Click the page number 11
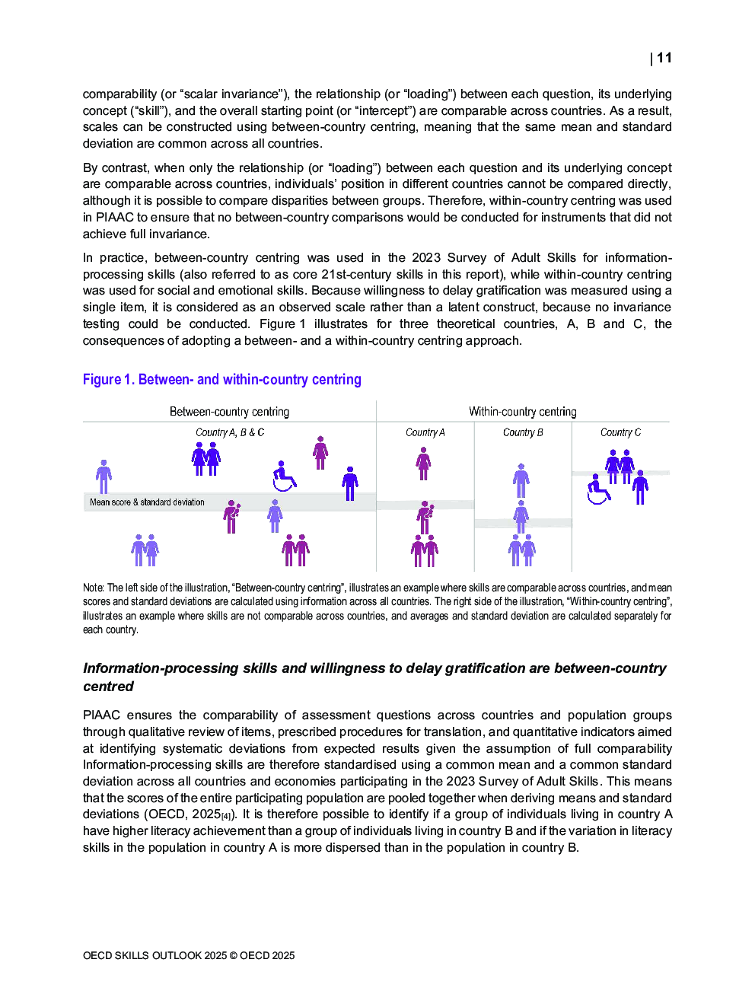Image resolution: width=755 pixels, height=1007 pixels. (x=664, y=58)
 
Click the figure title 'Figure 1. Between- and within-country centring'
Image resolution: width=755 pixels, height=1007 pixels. (x=221, y=379)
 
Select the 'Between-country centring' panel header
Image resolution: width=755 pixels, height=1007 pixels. (x=229, y=412)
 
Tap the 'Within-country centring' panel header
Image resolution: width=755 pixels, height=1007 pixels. (x=522, y=412)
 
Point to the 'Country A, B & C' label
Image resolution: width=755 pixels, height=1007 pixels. (x=230, y=432)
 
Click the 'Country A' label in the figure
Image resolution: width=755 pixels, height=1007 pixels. (x=425, y=432)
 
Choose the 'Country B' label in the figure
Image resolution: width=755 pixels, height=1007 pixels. (x=523, y=432)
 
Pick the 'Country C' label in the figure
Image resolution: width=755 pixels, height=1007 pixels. (x=620, y=432)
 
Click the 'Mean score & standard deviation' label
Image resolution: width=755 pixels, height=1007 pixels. (x=147, y=502)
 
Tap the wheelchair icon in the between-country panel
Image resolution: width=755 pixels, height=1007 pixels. (x=284, y=476)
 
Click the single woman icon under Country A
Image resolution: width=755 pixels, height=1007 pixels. (x=424, y=464)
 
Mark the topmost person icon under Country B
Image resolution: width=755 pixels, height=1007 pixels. (x=521, y=480)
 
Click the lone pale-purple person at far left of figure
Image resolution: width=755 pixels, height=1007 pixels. (x=104, y=476)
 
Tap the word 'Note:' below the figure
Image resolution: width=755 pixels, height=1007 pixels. (x=93, y=588)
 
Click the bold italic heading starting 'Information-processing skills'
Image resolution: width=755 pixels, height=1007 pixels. (x=374, y=677)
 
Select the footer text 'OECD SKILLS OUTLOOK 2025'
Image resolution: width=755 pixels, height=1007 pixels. (x=155, y=955)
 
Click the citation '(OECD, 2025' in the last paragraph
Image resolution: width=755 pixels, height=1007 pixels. (x=182, y=814)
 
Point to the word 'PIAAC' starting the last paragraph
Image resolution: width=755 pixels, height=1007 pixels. (x=101, y=715)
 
